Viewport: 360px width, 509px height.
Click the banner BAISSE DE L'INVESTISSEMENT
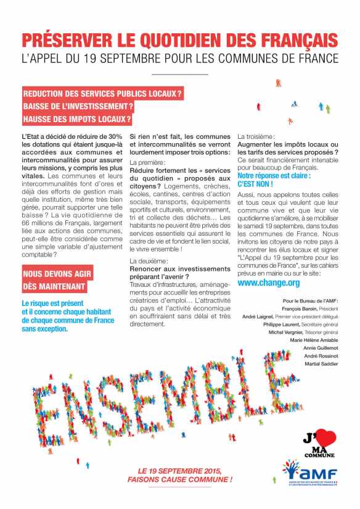pos(78,106)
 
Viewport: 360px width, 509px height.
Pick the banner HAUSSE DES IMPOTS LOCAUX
pos(77,118)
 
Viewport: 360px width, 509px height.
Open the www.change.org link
pos(268,283)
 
